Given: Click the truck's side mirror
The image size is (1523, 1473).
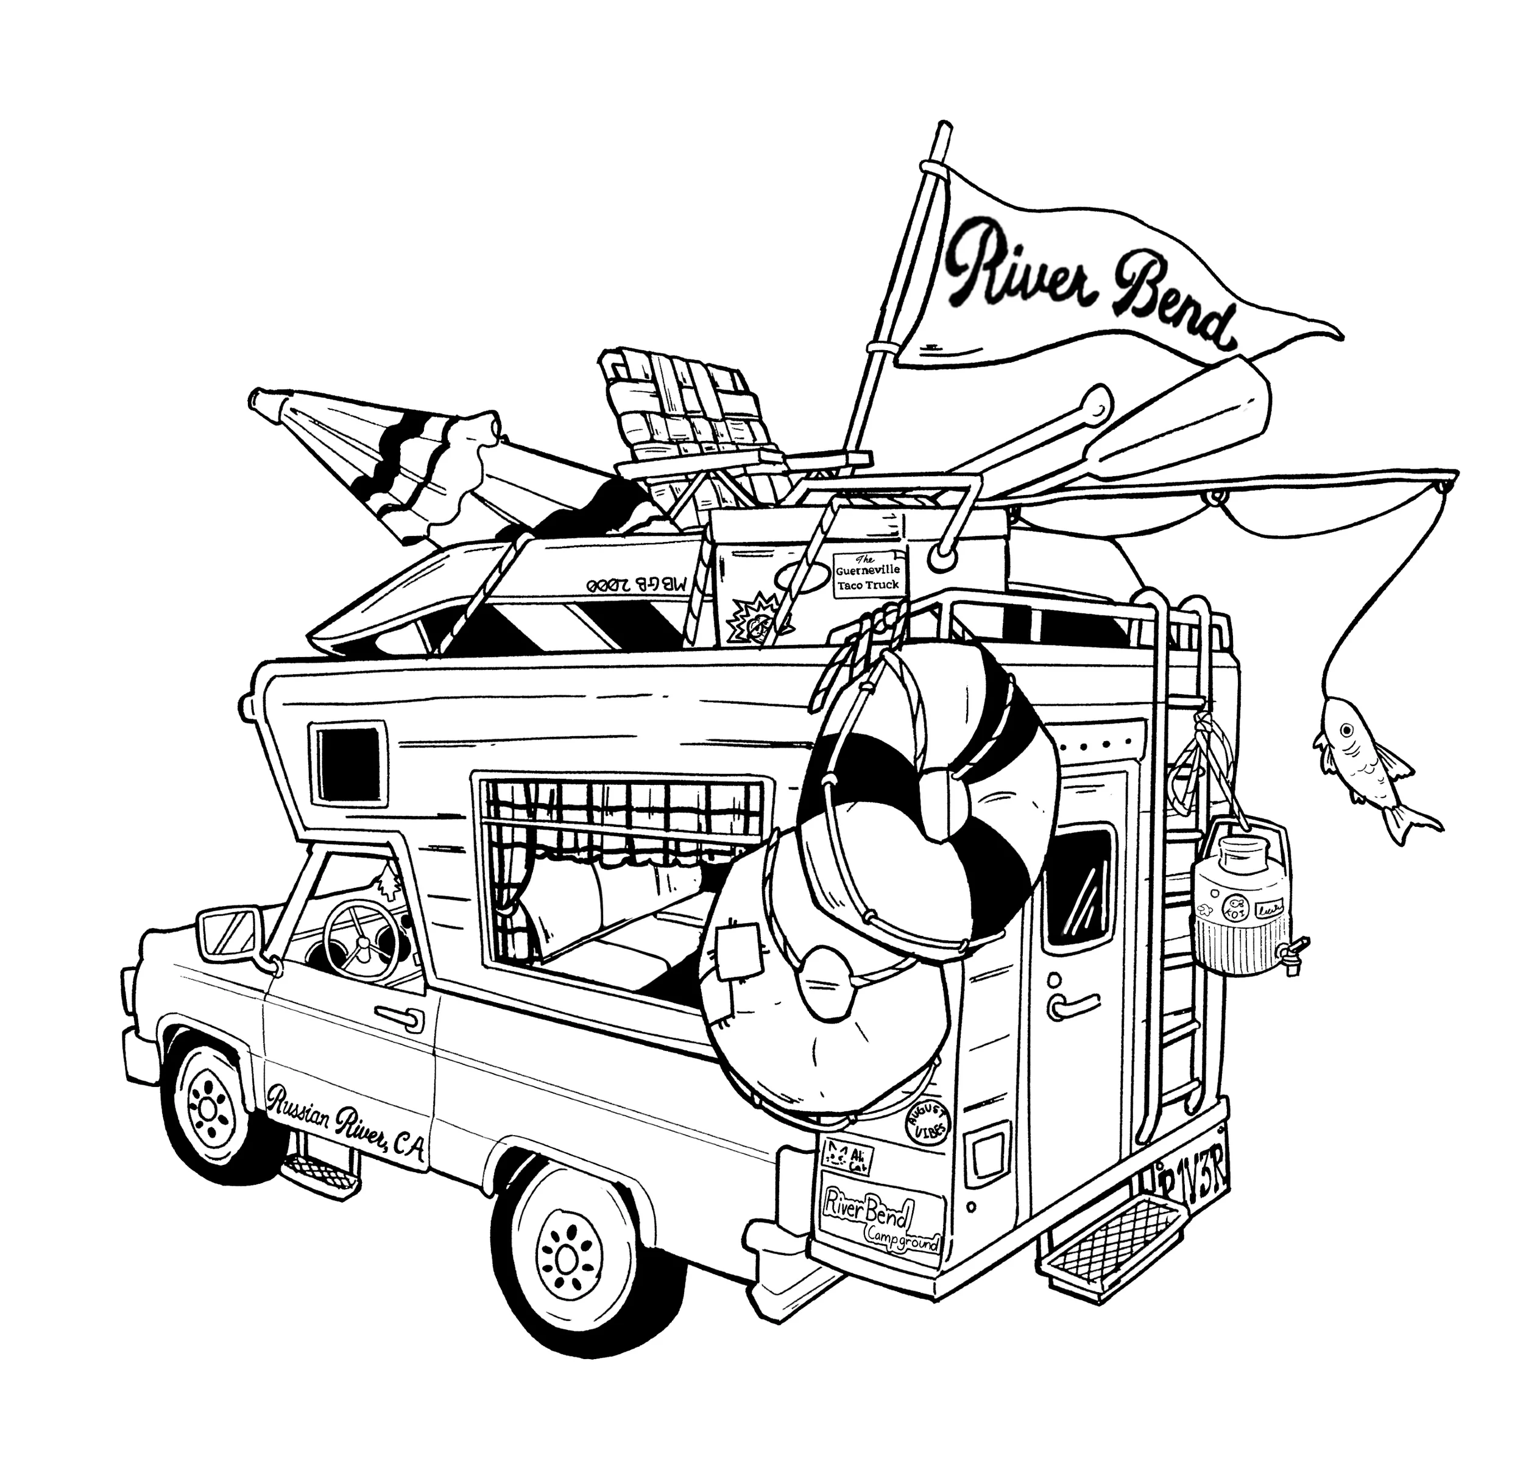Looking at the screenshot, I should click(x=228, y=933).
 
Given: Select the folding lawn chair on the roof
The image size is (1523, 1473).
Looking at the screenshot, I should click(x=684, y=427).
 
